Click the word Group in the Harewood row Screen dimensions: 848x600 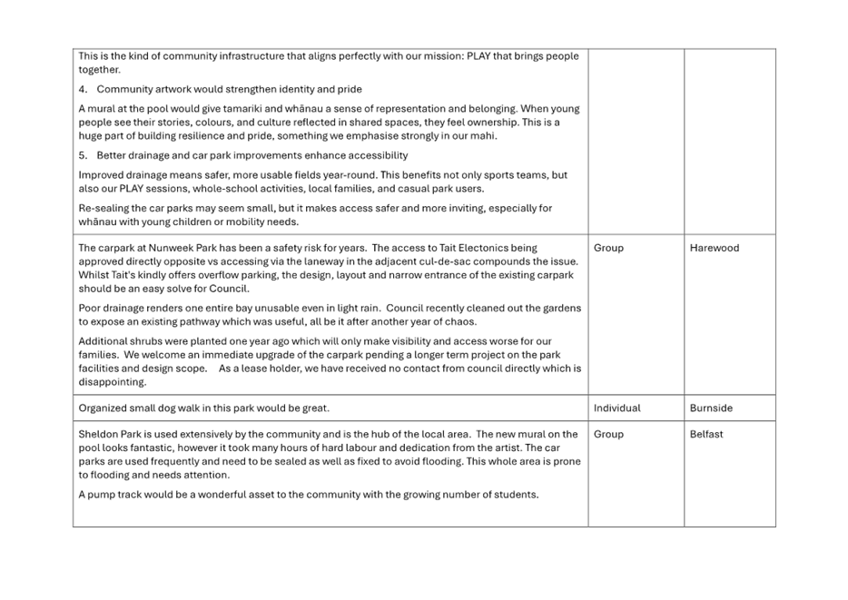(608, 248)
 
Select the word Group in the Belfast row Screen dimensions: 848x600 (608, 434)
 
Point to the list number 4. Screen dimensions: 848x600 (83, 89)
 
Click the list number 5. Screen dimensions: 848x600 (83, 156)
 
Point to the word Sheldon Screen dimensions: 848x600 (98, 434)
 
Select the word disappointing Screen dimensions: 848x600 (112, 382)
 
